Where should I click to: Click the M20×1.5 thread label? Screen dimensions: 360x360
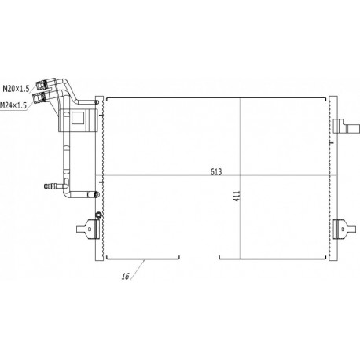(x=16, y=89)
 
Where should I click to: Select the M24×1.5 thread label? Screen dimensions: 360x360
(x=13, y=105)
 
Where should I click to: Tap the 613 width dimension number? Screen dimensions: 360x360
(x=216, y=172)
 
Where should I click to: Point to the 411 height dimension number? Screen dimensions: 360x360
(x=237, y=196)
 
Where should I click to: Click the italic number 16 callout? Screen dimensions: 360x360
(x=126, y=276)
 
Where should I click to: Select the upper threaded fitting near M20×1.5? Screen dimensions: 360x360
(x=42, y=84)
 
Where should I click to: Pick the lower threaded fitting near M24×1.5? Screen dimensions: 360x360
(x=39, y=97)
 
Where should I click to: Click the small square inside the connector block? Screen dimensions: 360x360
(x=78, y=118)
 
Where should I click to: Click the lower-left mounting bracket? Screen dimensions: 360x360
(x=88, y=229)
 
